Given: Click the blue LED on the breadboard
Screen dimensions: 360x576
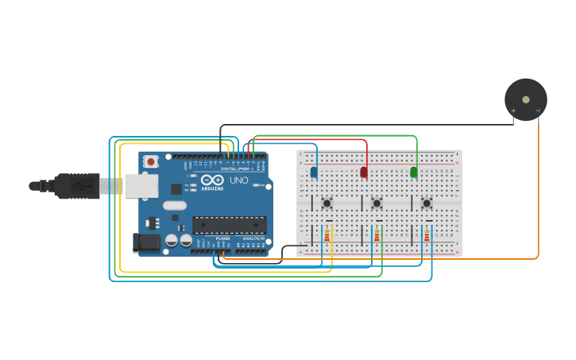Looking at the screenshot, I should point(314,172).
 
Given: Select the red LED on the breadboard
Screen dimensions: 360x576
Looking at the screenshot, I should point(364,172).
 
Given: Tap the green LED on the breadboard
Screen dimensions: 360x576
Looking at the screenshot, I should point(413,172).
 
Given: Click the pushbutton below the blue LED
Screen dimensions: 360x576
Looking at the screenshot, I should point(327,203).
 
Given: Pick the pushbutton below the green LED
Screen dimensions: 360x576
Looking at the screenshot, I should point(427,203).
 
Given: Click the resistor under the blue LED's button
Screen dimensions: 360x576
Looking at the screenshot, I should point(327,234).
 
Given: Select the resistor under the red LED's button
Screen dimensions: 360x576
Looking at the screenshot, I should point(377,234).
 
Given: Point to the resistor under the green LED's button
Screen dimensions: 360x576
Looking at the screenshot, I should point(427,234).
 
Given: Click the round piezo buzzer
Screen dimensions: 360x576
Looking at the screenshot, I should point(525,99).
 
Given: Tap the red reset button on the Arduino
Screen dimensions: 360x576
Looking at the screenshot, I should point(150,161).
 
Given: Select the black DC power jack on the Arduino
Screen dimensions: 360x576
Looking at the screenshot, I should point(145,242).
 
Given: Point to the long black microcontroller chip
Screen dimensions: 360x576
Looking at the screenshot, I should point(229,225).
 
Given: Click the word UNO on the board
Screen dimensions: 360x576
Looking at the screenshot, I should point(239,180).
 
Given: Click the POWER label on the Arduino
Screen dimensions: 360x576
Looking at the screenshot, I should point(223,238).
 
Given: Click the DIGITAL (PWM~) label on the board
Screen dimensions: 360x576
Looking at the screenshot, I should point(234,168).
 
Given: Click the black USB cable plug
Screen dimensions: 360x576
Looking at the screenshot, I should point(75,185).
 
